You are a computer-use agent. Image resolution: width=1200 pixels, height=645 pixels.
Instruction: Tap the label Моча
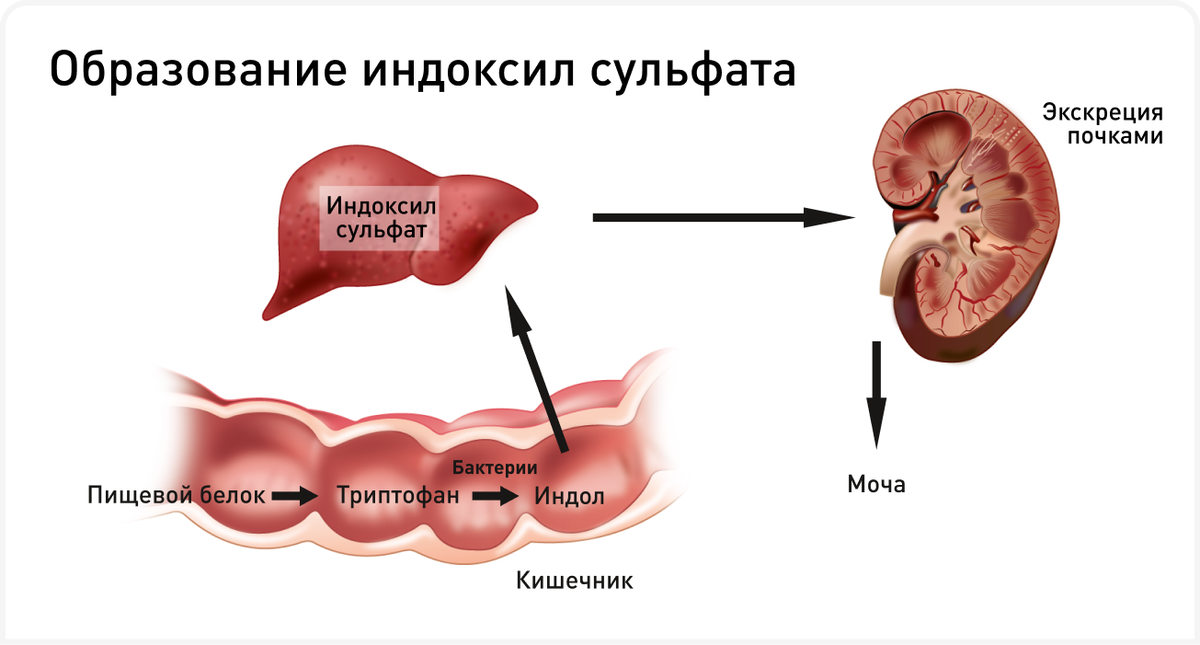coord(875,484)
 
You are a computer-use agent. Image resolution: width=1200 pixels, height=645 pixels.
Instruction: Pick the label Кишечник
coord(575,581)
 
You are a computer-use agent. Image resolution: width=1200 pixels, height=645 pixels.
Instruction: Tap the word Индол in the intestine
coord(568,496)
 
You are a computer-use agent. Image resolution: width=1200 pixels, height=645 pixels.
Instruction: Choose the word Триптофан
coord(397,496)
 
